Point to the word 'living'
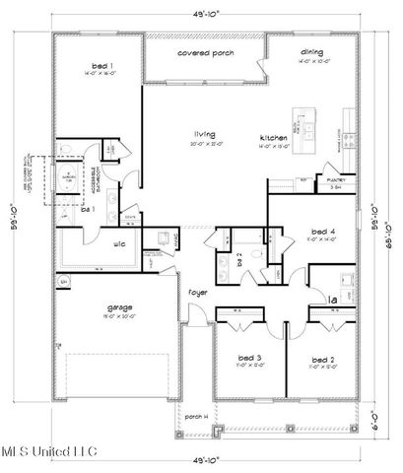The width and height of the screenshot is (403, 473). click(204, 134)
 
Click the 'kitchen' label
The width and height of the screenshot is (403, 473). click(273, 136)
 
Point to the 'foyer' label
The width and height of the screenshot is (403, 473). click(198, 293)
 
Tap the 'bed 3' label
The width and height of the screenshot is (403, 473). click(249, 358)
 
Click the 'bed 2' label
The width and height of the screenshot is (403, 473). click(320, 358)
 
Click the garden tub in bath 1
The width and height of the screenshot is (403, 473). click(71, 174)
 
